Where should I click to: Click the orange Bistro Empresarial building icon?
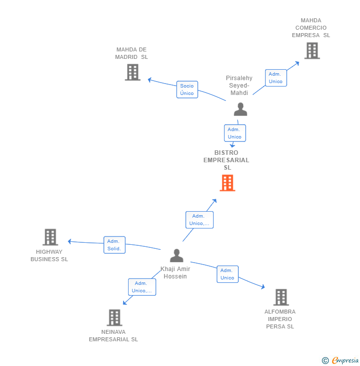227,183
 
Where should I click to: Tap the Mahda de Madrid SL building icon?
132,72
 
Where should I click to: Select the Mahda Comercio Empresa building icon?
312,50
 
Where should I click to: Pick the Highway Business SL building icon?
50,237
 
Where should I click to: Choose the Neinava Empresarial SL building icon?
114,318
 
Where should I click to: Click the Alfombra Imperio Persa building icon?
281,297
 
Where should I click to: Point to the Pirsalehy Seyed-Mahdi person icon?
240,109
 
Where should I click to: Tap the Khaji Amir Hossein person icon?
177,256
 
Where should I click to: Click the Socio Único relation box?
187,90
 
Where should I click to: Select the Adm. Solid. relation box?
114,245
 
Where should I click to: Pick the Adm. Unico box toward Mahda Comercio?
275,78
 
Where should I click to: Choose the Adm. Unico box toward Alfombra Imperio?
227,274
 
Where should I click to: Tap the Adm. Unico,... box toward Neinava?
142,287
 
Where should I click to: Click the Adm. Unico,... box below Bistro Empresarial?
199,220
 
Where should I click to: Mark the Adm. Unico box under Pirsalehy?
234,133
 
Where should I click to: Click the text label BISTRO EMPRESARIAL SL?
226,160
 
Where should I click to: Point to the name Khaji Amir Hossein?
175,273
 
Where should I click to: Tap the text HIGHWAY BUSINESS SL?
49,256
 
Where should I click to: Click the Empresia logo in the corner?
341,361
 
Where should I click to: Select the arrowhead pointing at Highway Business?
70,241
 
